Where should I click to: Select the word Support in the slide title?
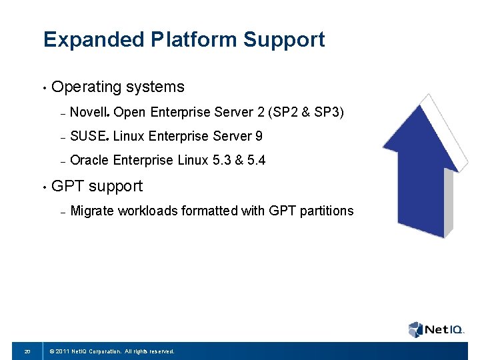pos(284,40)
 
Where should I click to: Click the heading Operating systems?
pos(117,87)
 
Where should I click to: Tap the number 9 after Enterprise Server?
pos(258,137)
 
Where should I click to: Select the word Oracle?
pos(89,161)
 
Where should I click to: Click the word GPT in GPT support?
pos(67,186)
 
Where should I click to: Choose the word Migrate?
pos(92,211)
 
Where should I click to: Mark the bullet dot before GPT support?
pos(43,187)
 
